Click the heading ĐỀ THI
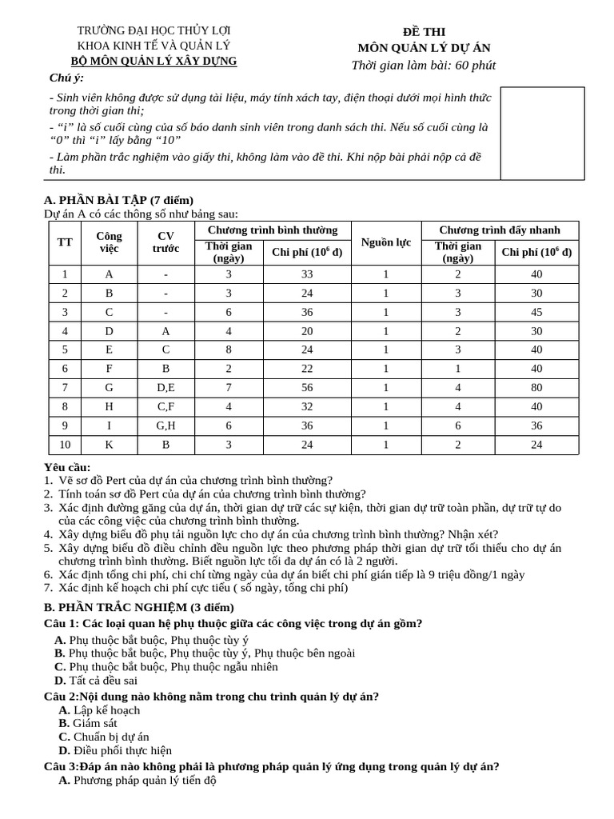point(423,31)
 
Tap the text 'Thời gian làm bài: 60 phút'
point(423,65)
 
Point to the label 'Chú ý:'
point(66,77)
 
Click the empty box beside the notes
point(536,134)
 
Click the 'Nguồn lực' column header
point(385,242)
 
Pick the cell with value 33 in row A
point(307,274)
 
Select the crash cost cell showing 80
point(536,388)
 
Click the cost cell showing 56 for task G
point(307,388)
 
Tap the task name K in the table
point(109,445)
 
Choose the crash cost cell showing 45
point(536,312)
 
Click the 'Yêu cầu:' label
point(67,467)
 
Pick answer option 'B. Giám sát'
point(88,723)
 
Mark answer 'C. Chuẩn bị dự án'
point(104,737)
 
